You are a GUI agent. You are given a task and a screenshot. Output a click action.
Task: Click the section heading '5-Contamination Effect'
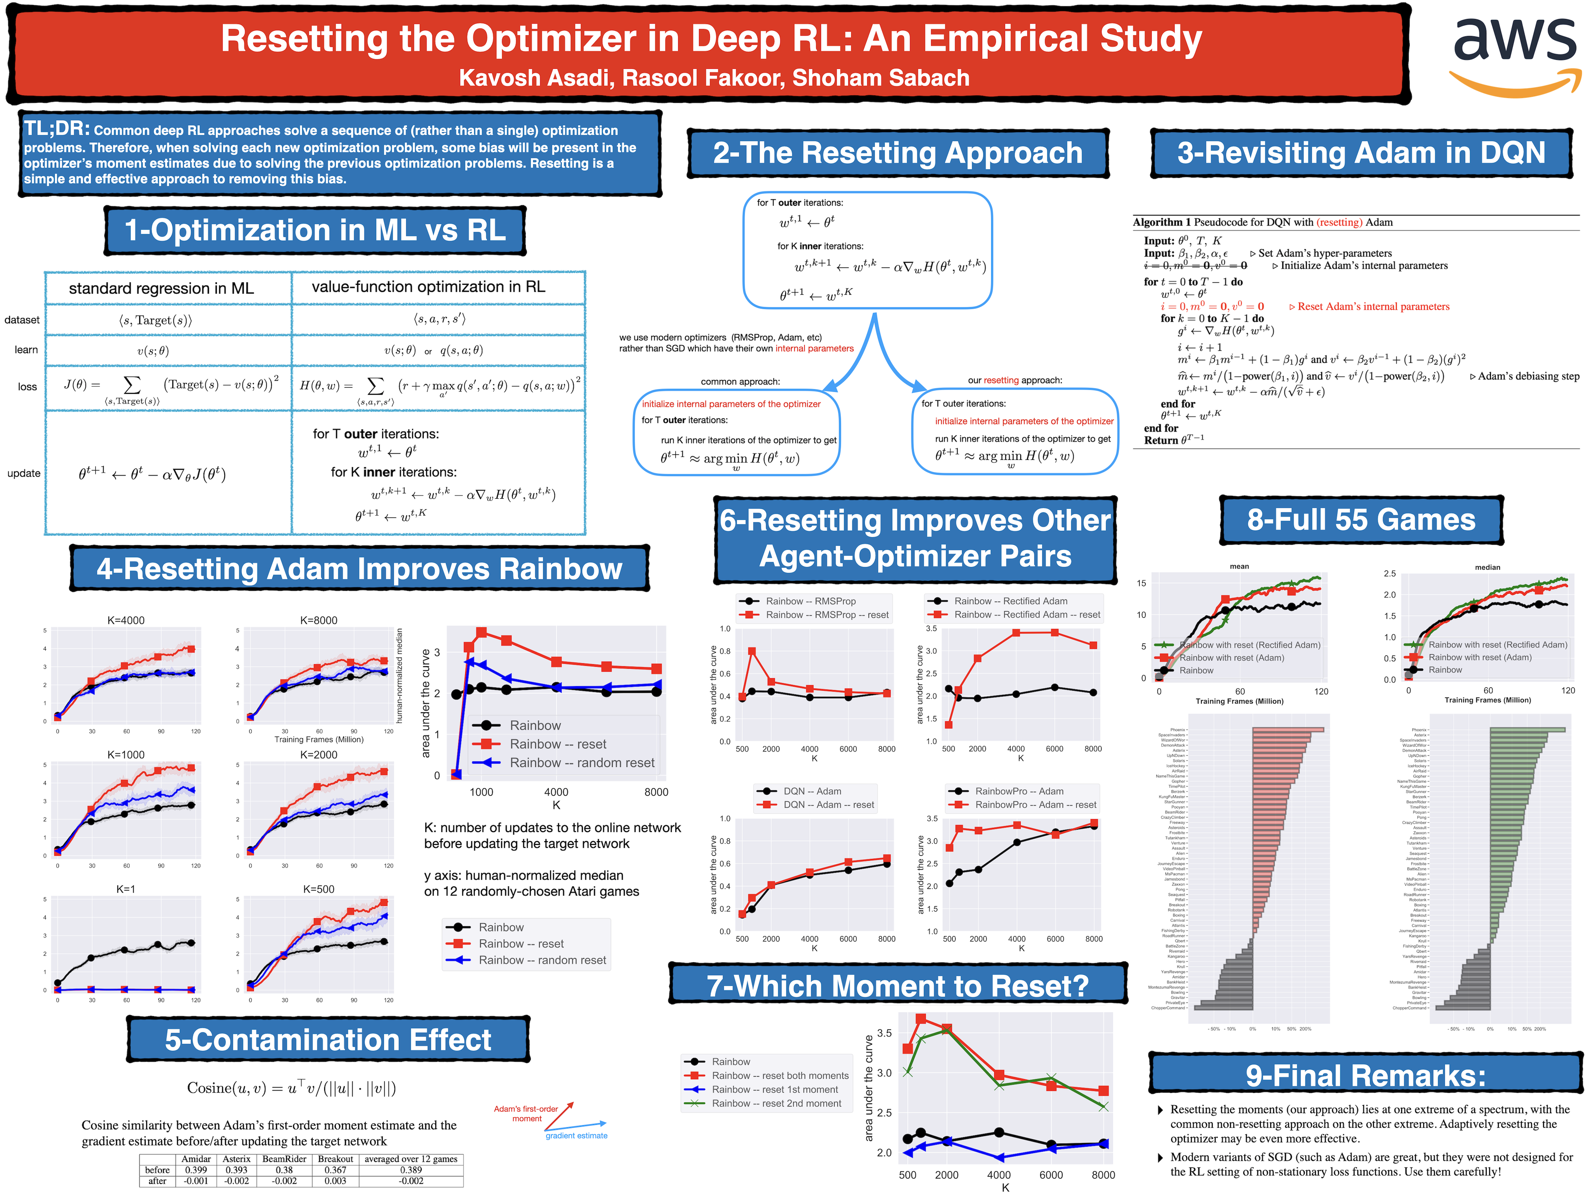(328, 1040)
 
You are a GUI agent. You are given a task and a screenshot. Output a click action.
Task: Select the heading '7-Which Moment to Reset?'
(898, 985)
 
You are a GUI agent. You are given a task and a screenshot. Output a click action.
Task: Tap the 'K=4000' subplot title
(126, 620)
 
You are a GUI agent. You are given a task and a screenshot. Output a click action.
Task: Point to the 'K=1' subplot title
(126, 889)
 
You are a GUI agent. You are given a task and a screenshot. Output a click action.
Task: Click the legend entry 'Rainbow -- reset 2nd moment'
(776, 1103)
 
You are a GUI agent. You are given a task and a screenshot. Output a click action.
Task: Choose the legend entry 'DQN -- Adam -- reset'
(828, 805)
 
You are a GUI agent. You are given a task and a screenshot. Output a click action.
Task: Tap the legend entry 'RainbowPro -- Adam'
(1019, 791)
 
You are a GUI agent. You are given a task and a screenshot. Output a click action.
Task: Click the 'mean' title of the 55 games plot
(1239, 566)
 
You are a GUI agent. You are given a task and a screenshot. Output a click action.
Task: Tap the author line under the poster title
(714, 78)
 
